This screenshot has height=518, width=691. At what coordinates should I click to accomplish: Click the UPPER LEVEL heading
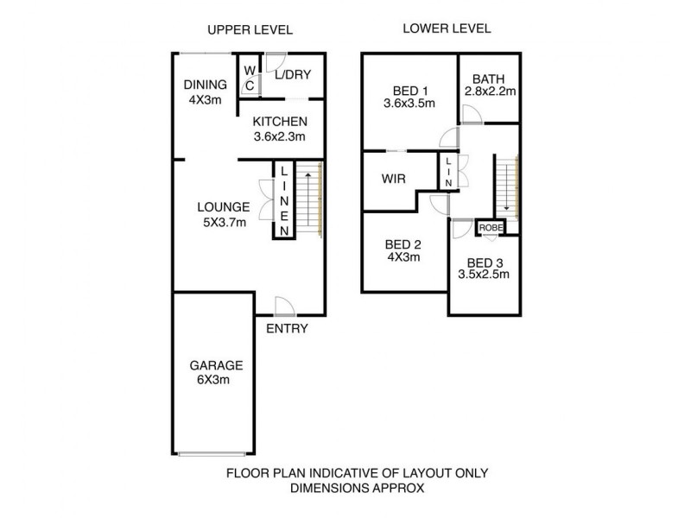250,30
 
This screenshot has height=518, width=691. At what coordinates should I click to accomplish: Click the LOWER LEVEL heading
447,28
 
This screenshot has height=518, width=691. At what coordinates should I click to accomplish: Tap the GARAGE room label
216,365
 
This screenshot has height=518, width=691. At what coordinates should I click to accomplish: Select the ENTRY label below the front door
287,329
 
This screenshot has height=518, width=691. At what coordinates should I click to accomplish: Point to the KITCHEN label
280,122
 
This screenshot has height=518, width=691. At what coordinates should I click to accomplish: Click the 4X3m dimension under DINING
206,100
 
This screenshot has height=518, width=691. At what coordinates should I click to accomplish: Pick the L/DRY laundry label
293,74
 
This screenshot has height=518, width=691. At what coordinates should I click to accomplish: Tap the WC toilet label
250,78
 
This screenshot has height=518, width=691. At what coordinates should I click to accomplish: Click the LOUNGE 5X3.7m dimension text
225,223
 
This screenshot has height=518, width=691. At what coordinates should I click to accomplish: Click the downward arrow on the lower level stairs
506,186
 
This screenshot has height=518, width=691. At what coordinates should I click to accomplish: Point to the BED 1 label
410,92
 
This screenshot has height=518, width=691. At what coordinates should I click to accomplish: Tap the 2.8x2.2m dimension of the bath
490,92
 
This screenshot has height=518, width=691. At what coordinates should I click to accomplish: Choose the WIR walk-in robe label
394,179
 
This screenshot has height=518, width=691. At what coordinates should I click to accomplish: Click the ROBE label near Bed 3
491,228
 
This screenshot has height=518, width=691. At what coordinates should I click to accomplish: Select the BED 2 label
403,244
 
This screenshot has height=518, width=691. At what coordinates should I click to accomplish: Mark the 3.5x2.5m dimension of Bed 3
484,275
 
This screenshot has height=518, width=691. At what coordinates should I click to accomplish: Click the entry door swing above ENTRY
285,306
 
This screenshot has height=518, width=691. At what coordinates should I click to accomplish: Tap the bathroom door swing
472,114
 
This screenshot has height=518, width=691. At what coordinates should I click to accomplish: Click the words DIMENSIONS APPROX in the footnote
358,488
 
